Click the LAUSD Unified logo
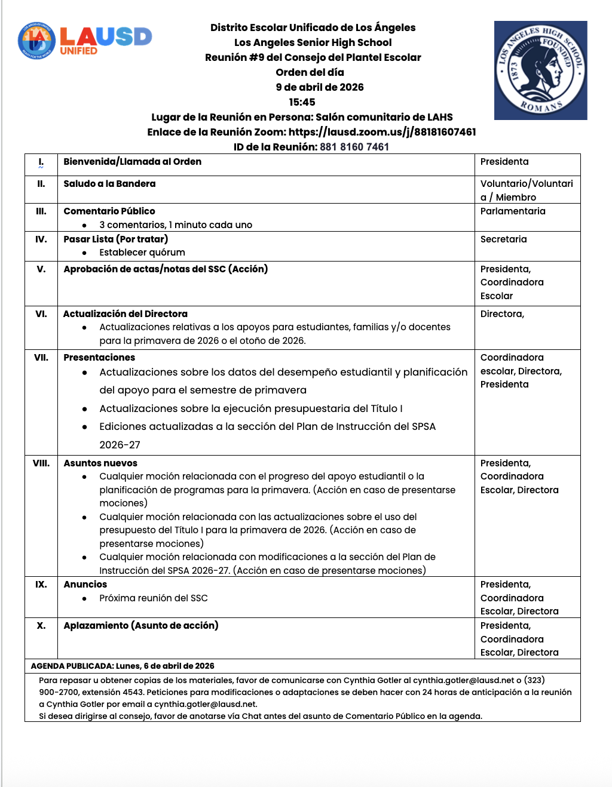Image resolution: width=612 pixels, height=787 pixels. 85,41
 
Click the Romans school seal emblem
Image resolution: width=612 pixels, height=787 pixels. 540,70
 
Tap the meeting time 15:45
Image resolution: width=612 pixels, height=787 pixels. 302,102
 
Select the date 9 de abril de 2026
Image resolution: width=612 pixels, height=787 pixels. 319,87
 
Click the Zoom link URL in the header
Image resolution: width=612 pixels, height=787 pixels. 382,132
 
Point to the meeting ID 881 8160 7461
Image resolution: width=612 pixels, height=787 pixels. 354,147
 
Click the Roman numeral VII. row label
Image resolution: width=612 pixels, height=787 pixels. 41,357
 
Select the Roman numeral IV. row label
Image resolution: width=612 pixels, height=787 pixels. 41,239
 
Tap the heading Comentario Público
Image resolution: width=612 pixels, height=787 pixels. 109,211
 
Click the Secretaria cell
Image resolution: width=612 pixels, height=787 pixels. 503,239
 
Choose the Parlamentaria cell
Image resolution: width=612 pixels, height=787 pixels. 513,211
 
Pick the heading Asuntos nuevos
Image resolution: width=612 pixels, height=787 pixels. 100,463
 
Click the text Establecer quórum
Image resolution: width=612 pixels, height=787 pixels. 142,252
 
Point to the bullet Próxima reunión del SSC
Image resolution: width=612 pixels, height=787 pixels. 154,598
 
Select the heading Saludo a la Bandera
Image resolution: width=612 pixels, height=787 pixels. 109,183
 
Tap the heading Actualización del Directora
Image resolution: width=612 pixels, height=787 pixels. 126,313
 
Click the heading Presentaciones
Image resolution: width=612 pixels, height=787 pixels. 99,357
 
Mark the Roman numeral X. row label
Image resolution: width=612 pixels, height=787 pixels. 41,625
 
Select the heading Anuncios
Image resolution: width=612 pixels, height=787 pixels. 85,584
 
